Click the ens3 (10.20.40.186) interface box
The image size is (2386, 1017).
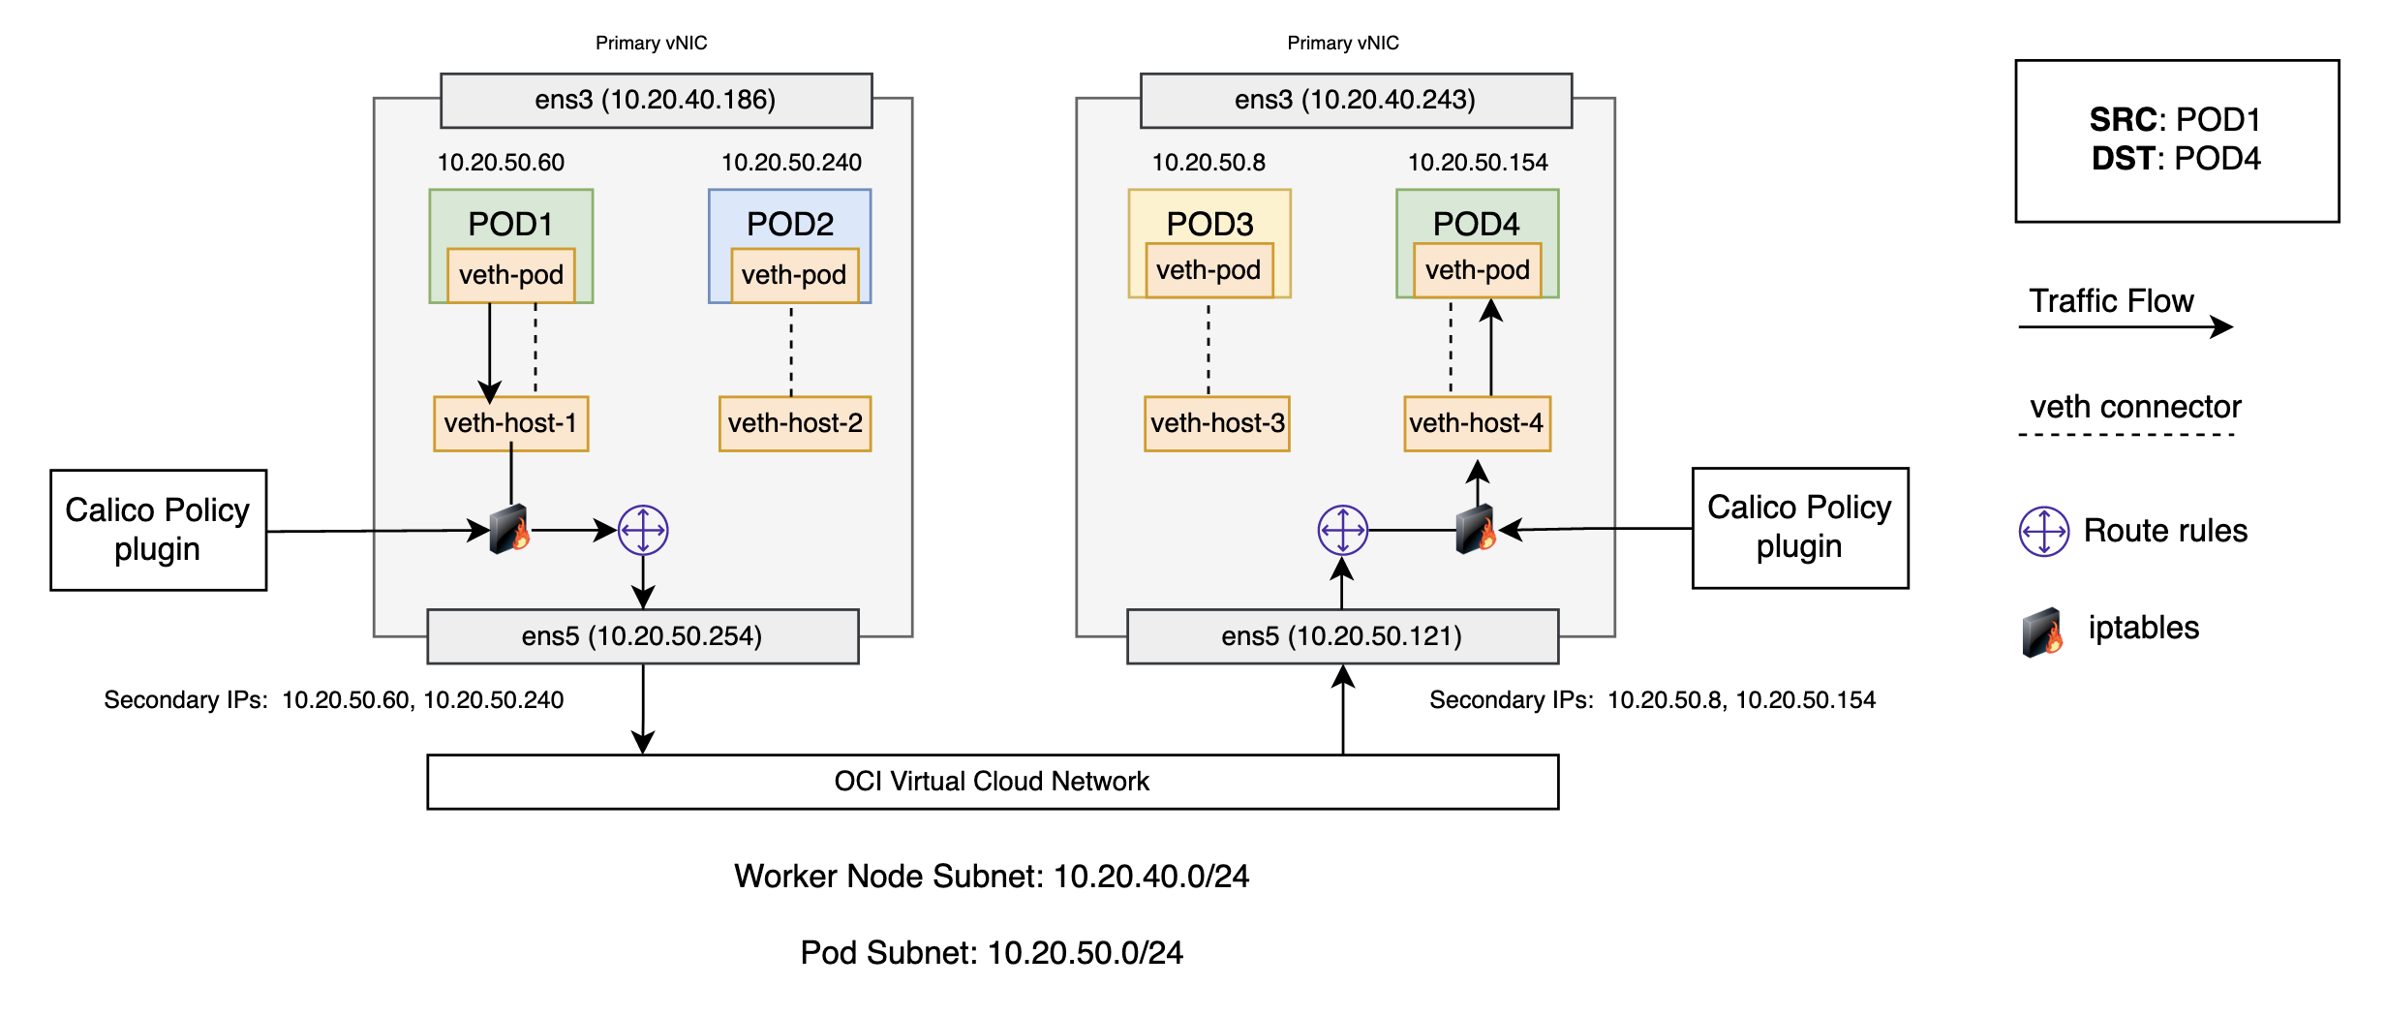pyautogui.click(x=656, y=100)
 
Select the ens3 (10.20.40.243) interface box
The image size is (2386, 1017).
pyautogui.click(x=1355, y=100)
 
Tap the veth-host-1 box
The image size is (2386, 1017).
pyautogui.click(x=510, y=423)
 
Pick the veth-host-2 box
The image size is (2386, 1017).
pyautogui.click(x=794, y=423)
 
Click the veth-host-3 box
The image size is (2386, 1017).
pyautogui.click(x=1216, y=423)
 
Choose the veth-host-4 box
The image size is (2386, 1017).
pyautogui.click(x=1476, y=423)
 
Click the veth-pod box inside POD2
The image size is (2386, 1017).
pyautogui.click(x=793, y=275)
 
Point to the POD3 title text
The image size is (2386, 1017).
pyautogui.click(x=1209, y=224)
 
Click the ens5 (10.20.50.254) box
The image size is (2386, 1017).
pyautogui.click(x=642, y=636)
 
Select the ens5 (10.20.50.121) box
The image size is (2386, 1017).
pyautogui.click(x=1341, y=636)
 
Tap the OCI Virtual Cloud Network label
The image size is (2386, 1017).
pyautogui.click(x=992, y=782)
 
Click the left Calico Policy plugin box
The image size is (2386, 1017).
pyautogui.click(x=158, y=530)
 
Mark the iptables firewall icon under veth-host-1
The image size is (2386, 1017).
pyautogui.click(x=509, y=530)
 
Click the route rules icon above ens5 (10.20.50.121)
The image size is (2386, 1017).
pyautogui.click(x=1342, y=530)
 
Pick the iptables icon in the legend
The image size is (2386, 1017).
pyautogui.click(x=2042, y=632)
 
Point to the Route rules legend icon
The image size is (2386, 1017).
pyautogui.click(x=2043, y=531)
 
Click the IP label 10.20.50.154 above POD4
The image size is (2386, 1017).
pyautogui.click(x=1477, y=163)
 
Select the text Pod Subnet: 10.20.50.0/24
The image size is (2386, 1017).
pyautogui.click(x=992, y=953)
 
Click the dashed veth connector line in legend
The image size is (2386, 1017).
pyautogui.click(x=2126, y=435)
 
